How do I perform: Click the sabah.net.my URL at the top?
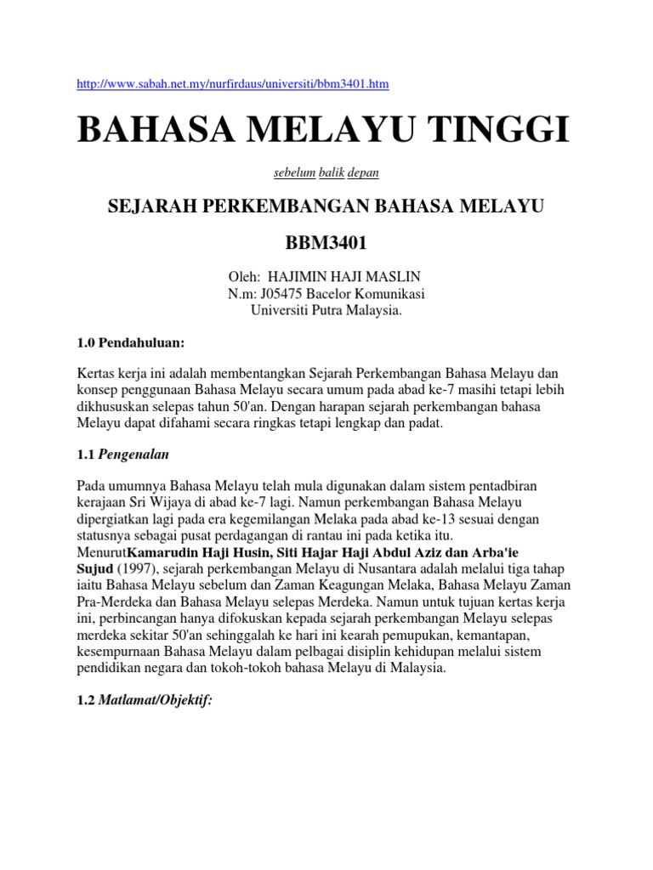pos(232,84)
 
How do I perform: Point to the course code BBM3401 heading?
pos(326,244)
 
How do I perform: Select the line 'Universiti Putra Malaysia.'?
pos(326,310)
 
